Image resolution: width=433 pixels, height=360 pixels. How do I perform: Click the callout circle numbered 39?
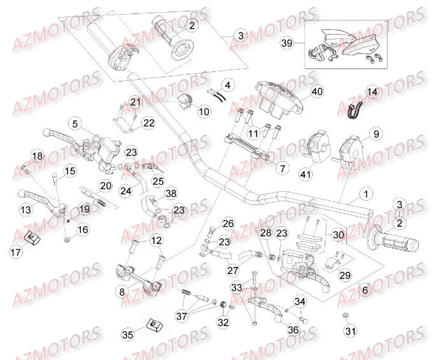coord(287,43)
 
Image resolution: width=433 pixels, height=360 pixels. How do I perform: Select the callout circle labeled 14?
coord(372,92)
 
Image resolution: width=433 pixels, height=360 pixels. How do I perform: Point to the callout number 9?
coord(376,134)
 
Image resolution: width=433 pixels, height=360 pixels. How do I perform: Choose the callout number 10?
coord(186,112)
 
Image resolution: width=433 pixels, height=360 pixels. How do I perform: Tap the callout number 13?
coord(25,211)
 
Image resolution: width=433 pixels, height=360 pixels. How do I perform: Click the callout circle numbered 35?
coord(127,333)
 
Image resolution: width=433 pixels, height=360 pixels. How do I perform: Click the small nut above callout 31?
coord(344,315)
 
